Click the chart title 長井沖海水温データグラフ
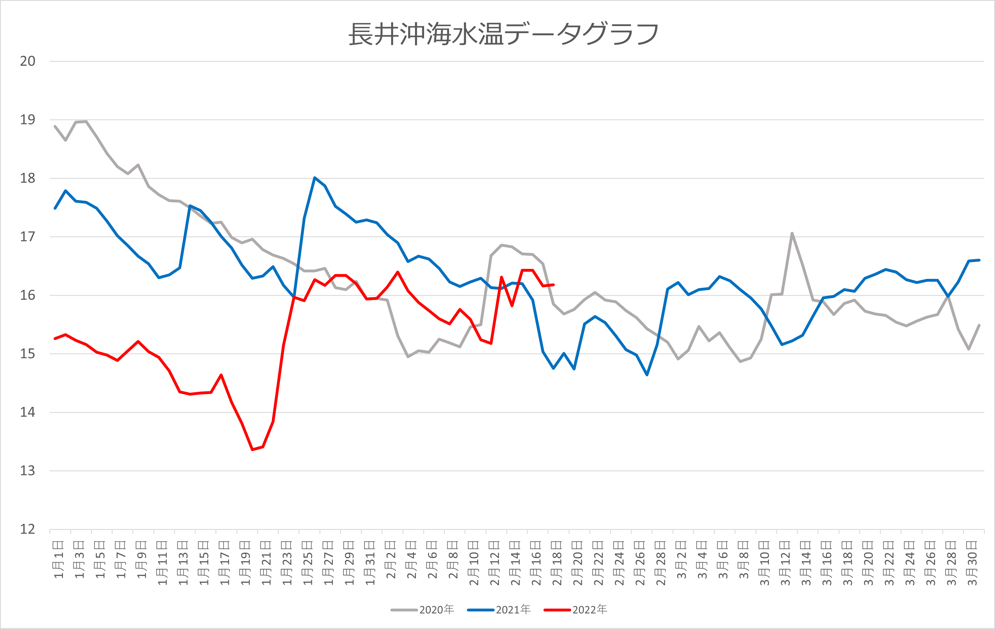tap(503, 34)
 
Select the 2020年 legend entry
tap(422, 609)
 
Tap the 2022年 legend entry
tap(575, 609)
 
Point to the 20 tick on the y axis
tap(28, 61)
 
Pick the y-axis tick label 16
tap(28, 295)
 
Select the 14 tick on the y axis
tap(28, 412)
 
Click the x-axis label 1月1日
tap(59, 559)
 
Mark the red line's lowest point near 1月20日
tap(253, 449)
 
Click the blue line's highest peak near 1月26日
tap(315, 178)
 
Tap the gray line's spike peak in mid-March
tap(792, 233)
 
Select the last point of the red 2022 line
tap(553, 284)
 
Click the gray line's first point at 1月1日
tap(55, 126)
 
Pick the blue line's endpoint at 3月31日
tap(979, 260)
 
